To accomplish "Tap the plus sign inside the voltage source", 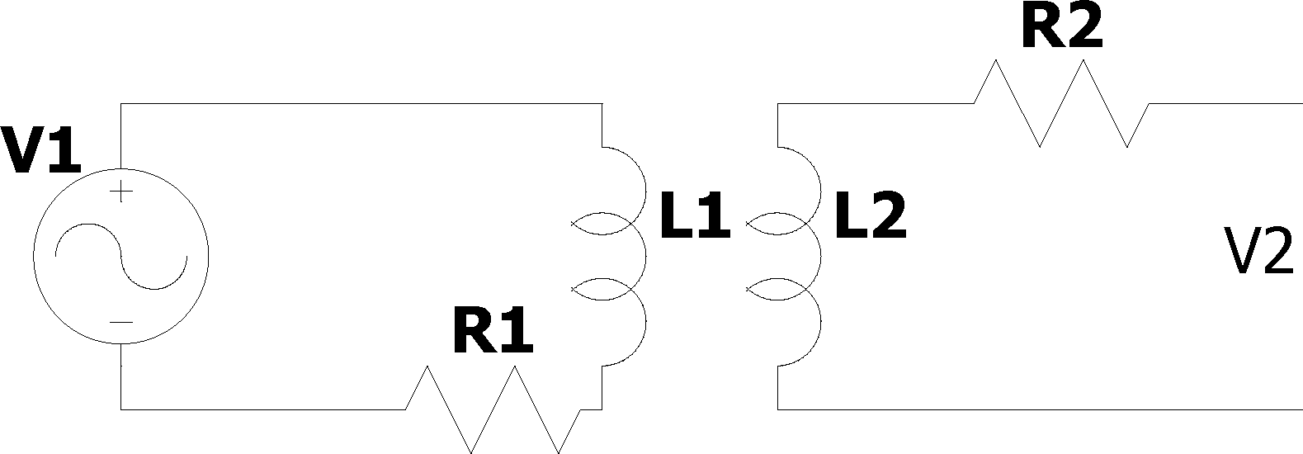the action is tap(121, 191).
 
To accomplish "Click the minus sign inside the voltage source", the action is tap(121, 323).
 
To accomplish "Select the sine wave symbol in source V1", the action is tap(121, 256).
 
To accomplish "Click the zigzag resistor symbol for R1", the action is tap(493, 409).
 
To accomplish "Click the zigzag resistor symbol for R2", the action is tap(1061, 104).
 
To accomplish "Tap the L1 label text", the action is tap(695, 216).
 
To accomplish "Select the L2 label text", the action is tap(871, 216).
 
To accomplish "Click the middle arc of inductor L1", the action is tap(645, 256).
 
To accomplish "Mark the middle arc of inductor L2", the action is tap(821, 256).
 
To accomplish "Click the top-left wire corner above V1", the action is tap(121, 104).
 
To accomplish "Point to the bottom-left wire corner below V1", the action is tap(121, 409).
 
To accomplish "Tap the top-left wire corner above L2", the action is tap(777, 104).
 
